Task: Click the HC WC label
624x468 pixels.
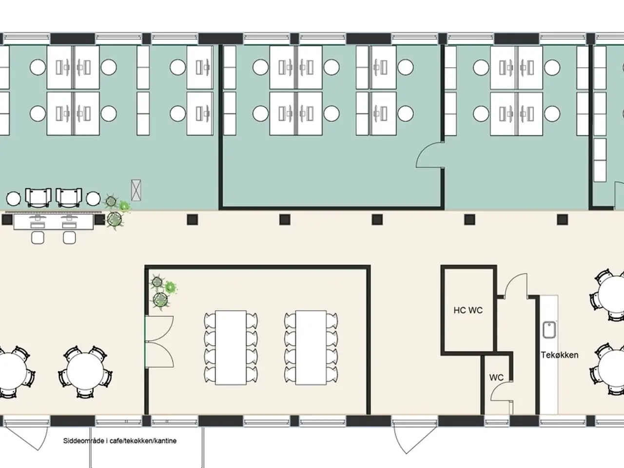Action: point(468,310)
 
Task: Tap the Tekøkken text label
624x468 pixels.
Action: point(560,355)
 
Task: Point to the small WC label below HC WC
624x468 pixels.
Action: point(496,377)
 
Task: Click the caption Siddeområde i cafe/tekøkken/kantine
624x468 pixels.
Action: point(120,441)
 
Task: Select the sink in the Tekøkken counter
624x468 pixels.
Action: point(549,330)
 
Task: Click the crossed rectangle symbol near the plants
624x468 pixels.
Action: point(136,190)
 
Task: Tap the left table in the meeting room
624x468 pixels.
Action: point(231,348)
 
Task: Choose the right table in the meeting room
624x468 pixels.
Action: point(311,348)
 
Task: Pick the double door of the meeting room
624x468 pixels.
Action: point(159,342)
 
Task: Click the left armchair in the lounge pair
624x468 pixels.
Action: point(38,197)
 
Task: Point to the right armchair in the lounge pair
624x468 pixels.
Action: point(69,197)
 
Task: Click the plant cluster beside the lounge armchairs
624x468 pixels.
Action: point(117,212)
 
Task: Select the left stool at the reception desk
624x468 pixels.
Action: point(38,237)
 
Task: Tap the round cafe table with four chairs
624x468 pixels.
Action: point(85,371)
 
